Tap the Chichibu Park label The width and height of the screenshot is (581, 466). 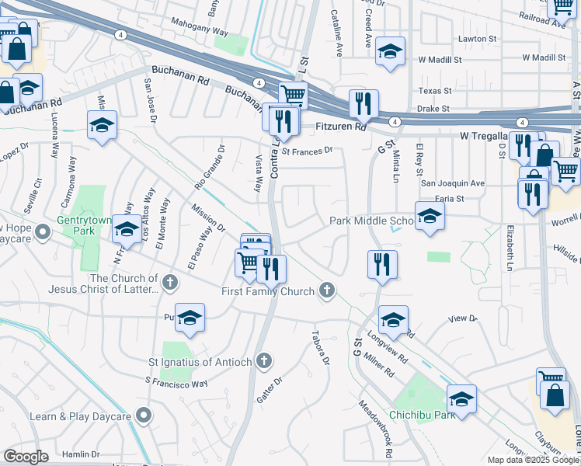click(x=423, y=416)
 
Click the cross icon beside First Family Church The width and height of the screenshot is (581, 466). click(x=327, y=291)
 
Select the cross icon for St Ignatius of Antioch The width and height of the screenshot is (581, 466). click(x=264, y=361)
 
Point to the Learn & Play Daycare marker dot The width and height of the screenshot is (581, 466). click(x=143, y=416)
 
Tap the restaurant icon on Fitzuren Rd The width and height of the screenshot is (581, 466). click(x=364, y=104)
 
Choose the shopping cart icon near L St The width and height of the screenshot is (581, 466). click(x=293, y=96)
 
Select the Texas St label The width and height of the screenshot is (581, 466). click(x=435, y=91)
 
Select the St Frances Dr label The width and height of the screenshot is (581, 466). click(x=307, y=151)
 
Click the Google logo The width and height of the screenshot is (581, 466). click(x=26, y=457)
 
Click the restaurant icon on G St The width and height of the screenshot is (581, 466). click(x=382, y=265)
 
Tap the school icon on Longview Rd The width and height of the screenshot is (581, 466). click(x=393, y=320)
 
